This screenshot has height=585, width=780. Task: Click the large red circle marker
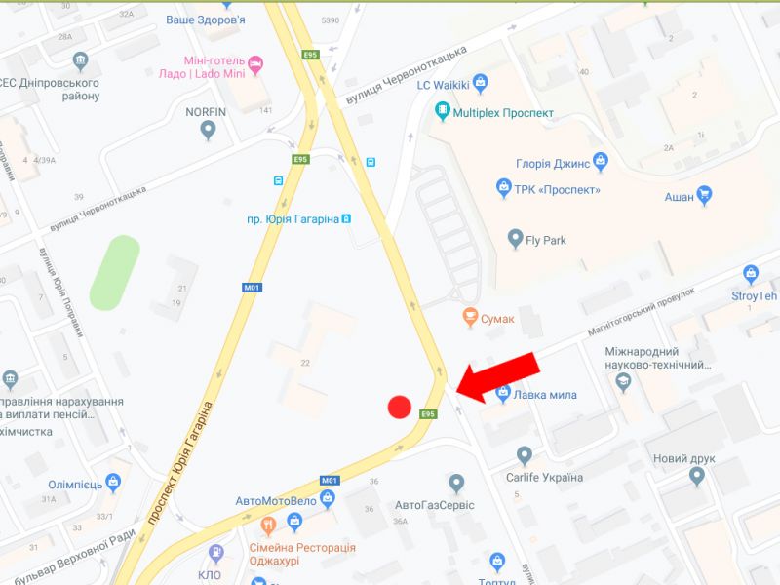[x=399, y=407]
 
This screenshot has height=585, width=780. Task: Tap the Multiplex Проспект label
[x=503, y=112]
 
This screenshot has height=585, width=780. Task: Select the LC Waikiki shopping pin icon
[x=479, y=82]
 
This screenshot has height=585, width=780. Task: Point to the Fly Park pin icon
[x=516, y=238]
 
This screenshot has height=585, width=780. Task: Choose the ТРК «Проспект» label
[x=558, y=190]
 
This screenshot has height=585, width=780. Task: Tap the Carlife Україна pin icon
[x=525, y=454]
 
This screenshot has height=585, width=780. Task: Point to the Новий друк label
[x=684, y=458]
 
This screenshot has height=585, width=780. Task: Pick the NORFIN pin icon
[x=207, y=131]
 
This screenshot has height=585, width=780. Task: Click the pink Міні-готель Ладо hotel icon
[x=255, y=64]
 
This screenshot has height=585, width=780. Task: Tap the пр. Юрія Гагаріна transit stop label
[x=292, y=219]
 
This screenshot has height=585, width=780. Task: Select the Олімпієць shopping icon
[x=114, y=482]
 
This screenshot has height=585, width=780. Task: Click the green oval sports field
[x=116, y=272]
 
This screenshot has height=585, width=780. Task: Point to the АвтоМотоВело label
[x=276, y=501]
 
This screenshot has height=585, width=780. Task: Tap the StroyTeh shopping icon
[x=751, y=274]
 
